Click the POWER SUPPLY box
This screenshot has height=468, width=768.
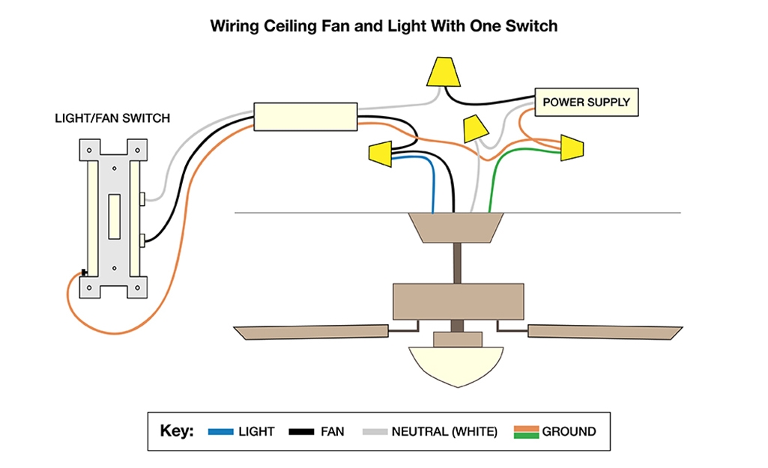tap(586, 102)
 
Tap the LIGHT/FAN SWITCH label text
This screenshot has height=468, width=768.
tap(112, 118)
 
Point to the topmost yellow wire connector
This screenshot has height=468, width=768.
tap(443, 72)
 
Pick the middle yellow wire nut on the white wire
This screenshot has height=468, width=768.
tap(474, 129)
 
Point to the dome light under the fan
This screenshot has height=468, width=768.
tap(458, 365)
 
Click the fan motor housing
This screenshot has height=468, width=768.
tap(458, 300)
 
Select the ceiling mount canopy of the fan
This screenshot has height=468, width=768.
tap(455, 228)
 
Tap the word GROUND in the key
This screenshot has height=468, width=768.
tap(569, 432)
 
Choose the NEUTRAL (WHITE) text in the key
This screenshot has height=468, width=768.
tap(444, 432)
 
